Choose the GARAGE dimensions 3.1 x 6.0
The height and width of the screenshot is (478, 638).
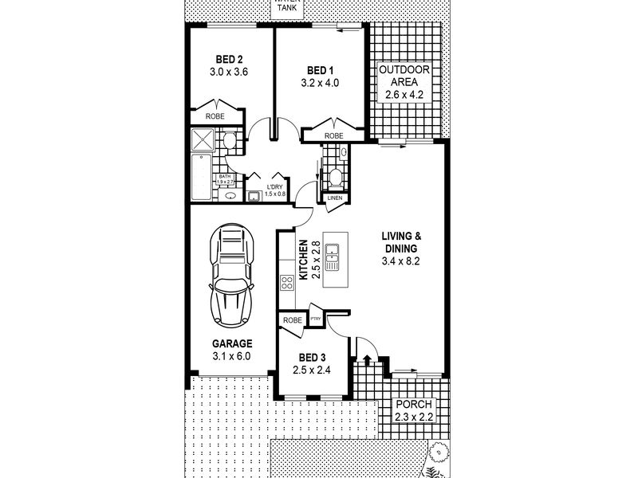(231, 356)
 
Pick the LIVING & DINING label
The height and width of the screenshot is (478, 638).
(402, 242)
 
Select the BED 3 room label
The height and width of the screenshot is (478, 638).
(313, 358)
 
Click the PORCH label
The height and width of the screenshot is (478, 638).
(413, 405)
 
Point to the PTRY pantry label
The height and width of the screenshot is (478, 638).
(315, 319)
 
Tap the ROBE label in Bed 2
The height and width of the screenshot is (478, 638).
(215, 117)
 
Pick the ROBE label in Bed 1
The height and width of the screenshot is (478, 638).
(333, 135)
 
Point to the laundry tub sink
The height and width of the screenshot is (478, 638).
(254, 196)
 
